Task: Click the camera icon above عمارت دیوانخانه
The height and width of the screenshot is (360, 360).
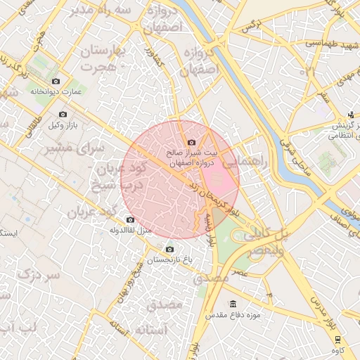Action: pyautogui.click(x=56, y=82)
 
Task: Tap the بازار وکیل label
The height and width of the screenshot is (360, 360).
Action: pyautogui.click(x=60, y=125)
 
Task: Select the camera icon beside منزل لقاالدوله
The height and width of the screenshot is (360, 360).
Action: pyautogui.click(x=130, y=220)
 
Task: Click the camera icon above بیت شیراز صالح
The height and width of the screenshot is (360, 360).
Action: pyautogui.click(x=191, y=143)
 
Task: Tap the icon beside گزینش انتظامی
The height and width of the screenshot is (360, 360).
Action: pyautogui.click(x=351, y=115)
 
